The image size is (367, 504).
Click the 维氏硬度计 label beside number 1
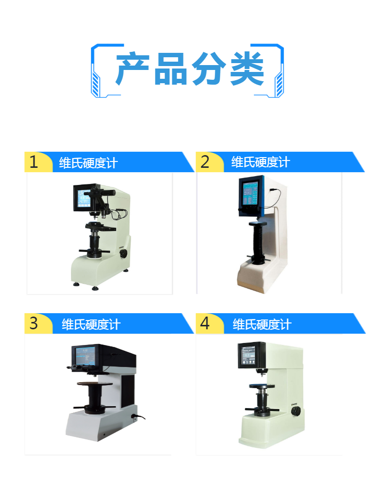pyautogui.click(x=89, y=163)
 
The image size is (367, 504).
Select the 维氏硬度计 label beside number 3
pyautogui.click(x=91, y=324)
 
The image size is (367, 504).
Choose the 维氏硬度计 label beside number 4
pyautogui.click(x=262, y=324)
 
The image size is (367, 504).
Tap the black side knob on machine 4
pyautogui.click(x=296, y=412)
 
